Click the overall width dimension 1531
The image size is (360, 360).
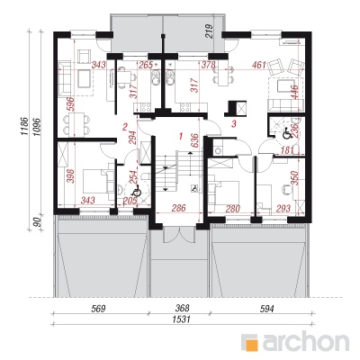pyautogui.click(x=183, y=319)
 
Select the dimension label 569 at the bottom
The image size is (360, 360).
pyautogui.click(x=98, y=309)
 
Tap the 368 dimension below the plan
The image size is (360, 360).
pyautogui.click(x=183, y=308)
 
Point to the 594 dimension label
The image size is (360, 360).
pyautogui.click(x=267, y=309)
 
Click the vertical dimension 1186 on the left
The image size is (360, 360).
pyautogui.click(x=25, y=126)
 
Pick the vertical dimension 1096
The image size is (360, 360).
pyautogui.click(x=38, y=126)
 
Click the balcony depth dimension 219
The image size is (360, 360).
pyautogui.click(x=210, y=31)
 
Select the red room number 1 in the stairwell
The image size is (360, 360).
pyautogui.click(x=181, y=137)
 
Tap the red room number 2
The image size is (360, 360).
pyautogui.click(x=125, y=127)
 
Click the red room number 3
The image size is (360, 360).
pyautogui.click(x=234, y=123)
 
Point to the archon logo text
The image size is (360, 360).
pyautogui.click(x=306, y=341)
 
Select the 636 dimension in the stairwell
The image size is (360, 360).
pyautogui.click(x=194, y=140)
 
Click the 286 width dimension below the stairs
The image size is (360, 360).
pyautogui.click(x=179, y=208)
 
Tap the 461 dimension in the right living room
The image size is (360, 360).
pyautogui.click(x=260, y=65)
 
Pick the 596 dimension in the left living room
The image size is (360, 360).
pyautogui.click(x=70, y=104)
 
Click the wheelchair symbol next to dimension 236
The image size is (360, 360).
pyautogui.click(x=286, y=133)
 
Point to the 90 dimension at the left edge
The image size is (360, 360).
pyautogui.click(x=38, y=222)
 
